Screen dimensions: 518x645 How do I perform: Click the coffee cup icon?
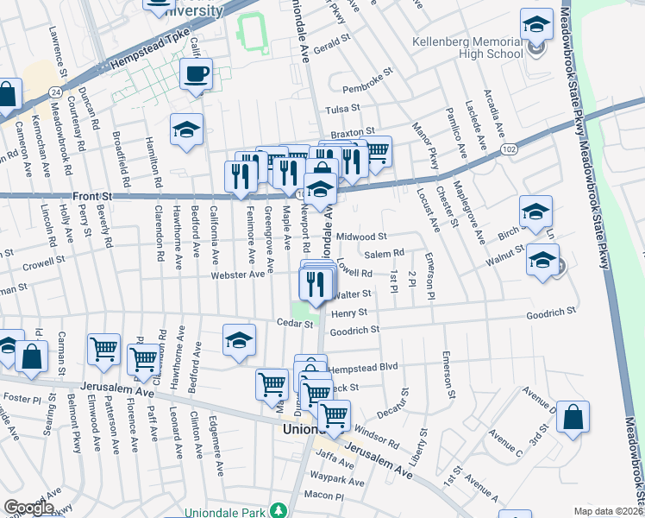pos(196,73)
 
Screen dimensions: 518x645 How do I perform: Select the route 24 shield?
pos(54,91)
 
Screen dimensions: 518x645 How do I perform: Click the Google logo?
pos(28,508)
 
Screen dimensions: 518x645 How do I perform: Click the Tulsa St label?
pos(341,110)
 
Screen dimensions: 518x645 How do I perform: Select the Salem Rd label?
pos(385,253)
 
